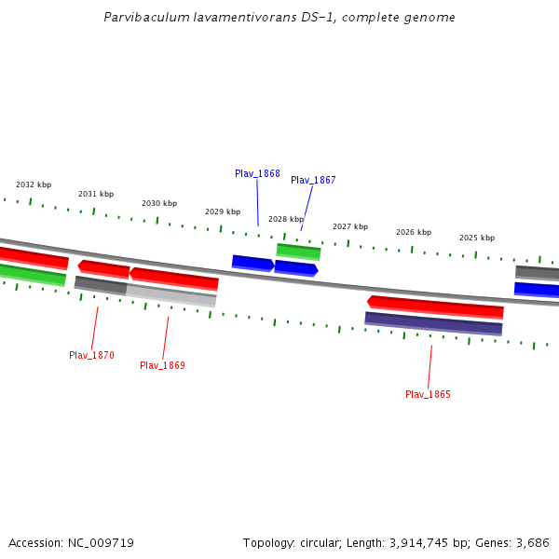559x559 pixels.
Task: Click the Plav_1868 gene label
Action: pyautogui.click(x=257, y=173)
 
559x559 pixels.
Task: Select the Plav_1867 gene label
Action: pyautogui.click(x=313, y=180)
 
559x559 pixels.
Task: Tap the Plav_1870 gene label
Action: pyautogui.click(x=91, y=355)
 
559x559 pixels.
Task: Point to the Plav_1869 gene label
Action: pyautogui.click(x=162, y=365)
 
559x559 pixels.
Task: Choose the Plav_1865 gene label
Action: pyautogui.click(x=428, y=394)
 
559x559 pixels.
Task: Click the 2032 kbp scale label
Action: pyautogui.click(x=34, y=184)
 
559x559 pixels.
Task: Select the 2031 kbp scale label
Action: pyautogui.click(x=96, y=194)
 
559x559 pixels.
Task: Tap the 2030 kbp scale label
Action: pyautogui.click(x=159, y=203)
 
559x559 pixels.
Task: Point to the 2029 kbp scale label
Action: pyautogui.click(x=223, y=211)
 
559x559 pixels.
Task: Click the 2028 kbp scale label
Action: pyautogui.click(x=286, y=219)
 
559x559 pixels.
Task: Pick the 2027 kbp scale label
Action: pyautogui.click(x=350, y=226)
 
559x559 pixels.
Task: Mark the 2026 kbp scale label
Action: pyautogui.click(x=414, y=232)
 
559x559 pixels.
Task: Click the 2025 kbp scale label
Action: pyautogui.click(x=477, y=238)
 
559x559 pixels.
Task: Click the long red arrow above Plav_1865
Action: pyautogui.click(x=435, y=307)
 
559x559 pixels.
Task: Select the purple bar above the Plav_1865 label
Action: pyautogui.click(x=433, y=323)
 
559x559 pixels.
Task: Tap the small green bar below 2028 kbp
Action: pyautogui.click(x=298, y=251)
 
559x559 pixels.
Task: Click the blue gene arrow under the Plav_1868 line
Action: pyautogui.click(x=252, y=263)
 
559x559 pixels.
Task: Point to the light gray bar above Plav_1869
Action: pyautogui.click(x=171, y=294)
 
